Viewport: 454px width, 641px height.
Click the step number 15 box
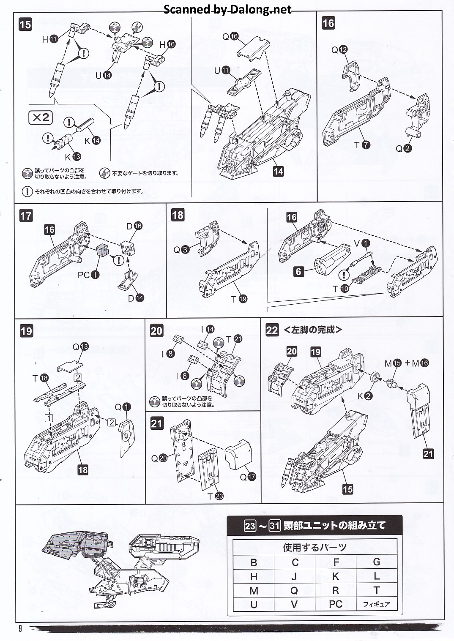(x=25, y=25)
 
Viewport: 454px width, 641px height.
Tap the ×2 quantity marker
(x=41, y=117)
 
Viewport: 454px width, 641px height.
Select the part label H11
(x=49, y=39)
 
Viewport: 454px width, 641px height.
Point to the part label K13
(x=72, y=157)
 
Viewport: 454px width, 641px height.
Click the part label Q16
(x=231, y=37)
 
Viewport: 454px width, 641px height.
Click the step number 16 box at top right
(x=328, y=23)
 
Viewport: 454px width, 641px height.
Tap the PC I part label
(x=88, y=275)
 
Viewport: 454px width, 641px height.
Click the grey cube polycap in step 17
(x=103, y=250)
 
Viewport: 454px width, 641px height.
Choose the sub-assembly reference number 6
(x=299, y=271)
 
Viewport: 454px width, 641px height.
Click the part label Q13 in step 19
(x=80, y=346)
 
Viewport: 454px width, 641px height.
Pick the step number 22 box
(x=272, y=330)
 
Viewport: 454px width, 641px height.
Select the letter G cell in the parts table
(x=376, y=562)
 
